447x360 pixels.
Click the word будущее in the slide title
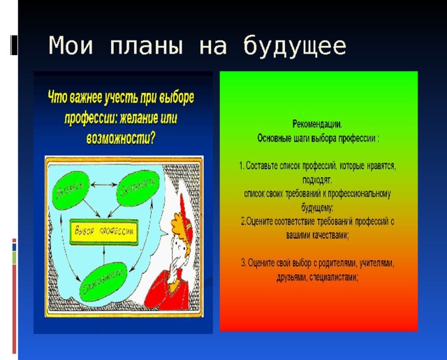pyautogui.click(x=294, y=47)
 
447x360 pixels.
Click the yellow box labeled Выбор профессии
pyautogui.click(x=104, y=230)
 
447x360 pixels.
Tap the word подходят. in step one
pyautogui.click(x=318, y=179)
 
